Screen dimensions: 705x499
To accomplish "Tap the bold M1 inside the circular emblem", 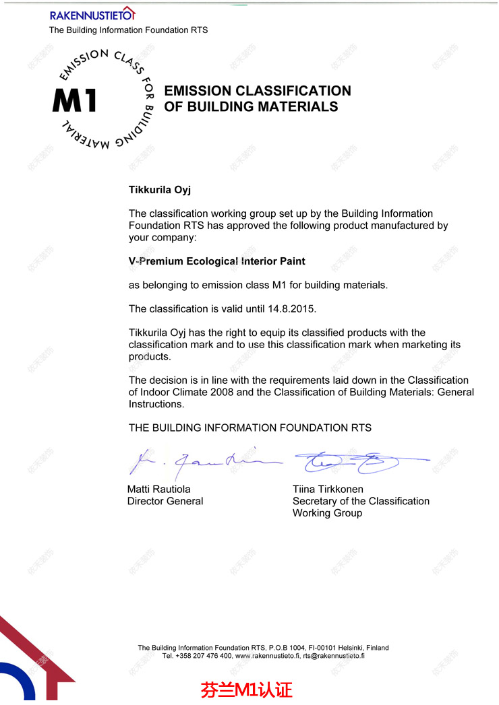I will click(75, 100).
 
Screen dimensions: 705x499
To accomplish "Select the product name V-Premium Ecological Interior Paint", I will click(217, 261).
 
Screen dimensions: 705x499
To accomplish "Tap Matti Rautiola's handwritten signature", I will click(202, 462).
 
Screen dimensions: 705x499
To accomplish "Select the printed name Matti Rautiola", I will click(159, 490).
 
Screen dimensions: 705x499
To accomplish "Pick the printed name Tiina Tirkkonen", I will click(328, 490).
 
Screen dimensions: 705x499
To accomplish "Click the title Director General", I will click(165, 501).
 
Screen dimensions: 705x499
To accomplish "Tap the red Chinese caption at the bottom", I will click(246, 690).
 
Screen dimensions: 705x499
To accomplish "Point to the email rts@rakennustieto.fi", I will click(334, 656).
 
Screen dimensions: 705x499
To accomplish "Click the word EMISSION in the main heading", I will click(200, 91).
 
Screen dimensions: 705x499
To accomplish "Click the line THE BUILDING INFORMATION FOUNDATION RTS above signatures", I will click(250, 428).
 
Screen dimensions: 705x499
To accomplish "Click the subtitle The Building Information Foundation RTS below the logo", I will click(128, 30).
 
